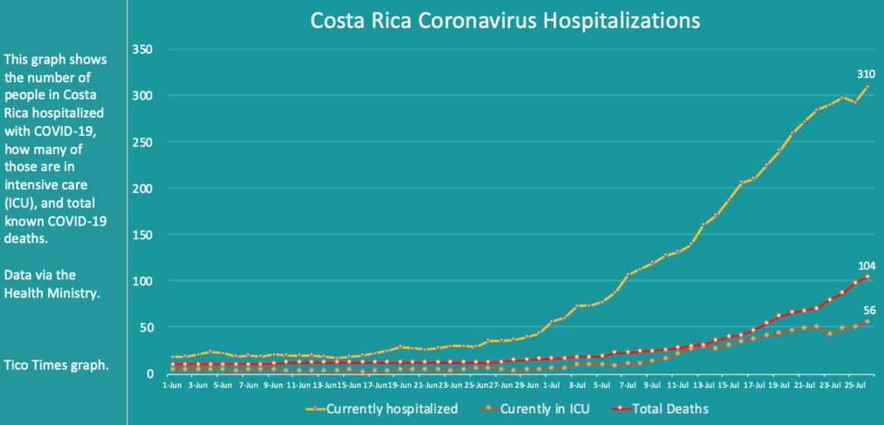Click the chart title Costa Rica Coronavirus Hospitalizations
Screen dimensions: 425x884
[x=505, y=20]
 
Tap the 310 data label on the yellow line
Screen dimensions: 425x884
[x=866, y=75]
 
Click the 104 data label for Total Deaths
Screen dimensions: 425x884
[x=866, y=265]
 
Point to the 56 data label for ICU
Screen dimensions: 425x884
[x=869, y=311]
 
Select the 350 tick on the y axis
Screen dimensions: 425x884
[x=142, y=50]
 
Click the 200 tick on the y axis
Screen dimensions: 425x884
[x=142, y=189]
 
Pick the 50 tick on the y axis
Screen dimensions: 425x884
[x=145, y=328]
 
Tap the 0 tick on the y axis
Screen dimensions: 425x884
[x=148, y=374]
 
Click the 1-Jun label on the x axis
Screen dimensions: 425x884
[x=173, y=386]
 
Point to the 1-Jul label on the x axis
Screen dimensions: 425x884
[x=550, y=386]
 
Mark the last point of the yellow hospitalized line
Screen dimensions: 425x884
[x=867, y=86]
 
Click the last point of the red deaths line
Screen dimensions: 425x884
[x=867, y=277]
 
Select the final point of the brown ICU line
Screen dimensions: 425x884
[x=867, y=321]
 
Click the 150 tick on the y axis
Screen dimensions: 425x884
[x=142, y=235]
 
